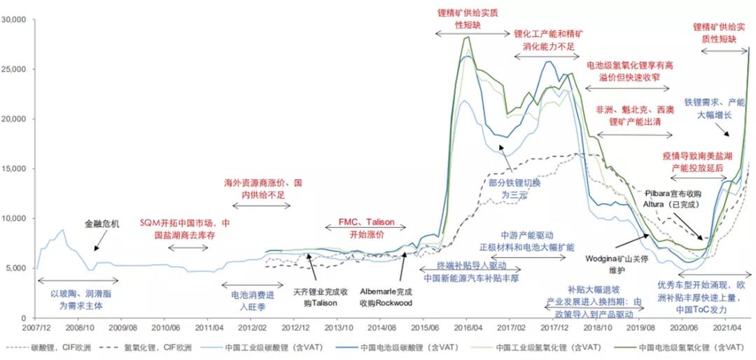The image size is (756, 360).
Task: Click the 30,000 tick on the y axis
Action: pos(17,20)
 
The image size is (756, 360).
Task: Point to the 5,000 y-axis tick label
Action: pos(19,268)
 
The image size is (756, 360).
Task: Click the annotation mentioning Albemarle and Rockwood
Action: pos(385,297)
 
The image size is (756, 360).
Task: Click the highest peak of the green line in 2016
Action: pos(467,37)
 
